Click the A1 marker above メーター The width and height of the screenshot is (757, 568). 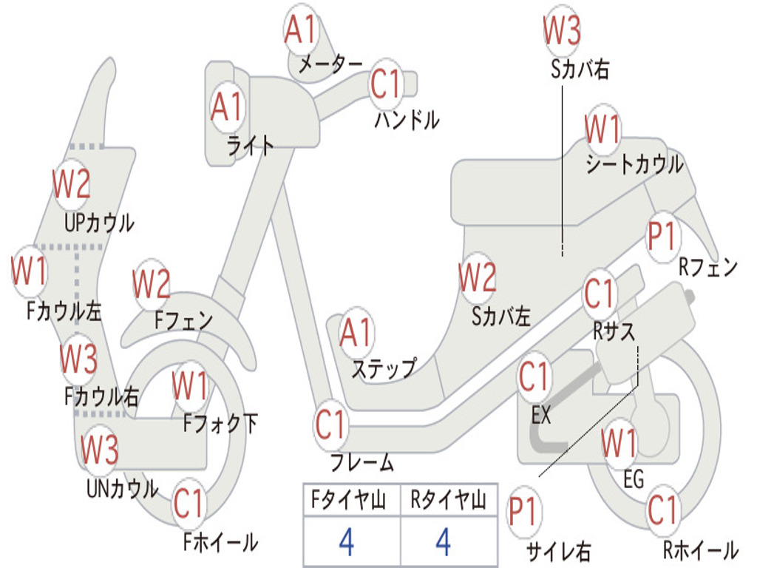[x=302, y=30]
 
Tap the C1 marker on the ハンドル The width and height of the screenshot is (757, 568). [x=385, y=84]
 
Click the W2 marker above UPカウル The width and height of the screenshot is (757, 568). [x=71, y=184]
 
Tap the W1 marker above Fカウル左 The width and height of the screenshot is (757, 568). [x=29, y=272]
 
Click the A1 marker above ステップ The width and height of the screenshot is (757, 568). [x=356, y=334]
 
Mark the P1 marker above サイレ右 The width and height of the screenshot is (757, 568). [x=523, y=513]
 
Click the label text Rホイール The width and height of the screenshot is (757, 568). [x=700, y=550]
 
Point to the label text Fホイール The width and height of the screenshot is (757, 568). [x=220, y=542]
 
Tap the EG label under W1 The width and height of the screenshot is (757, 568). [x=634, y=480]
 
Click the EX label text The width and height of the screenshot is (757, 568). [x=542, y=415]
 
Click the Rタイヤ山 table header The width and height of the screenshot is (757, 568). [x=448, y=502]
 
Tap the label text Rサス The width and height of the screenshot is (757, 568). [x=614, y=332]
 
